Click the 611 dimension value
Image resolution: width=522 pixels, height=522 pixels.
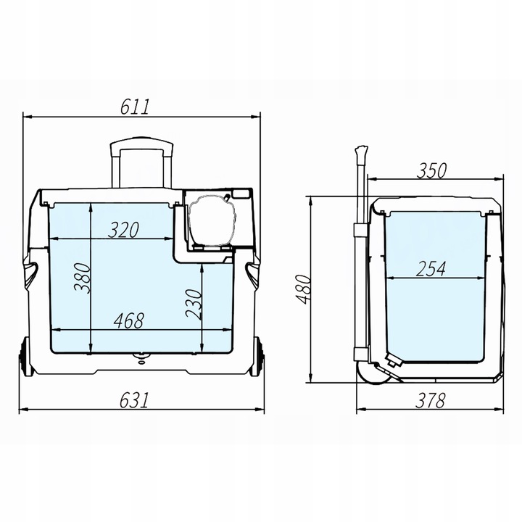(x=135, y=107)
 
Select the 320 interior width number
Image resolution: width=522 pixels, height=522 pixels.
(x=123, y=230)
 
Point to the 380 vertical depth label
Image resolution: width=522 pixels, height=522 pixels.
(x=82, y=278)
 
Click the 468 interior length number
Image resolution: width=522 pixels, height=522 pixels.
(x=129, y=320)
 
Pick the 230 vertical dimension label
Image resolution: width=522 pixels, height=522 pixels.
(x=194, y=304)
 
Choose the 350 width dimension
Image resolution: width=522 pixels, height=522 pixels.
(x=431, y=171)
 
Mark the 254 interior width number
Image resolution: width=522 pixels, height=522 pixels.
(x=431, y=269)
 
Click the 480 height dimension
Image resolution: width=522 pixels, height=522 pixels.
(x=304, y=289)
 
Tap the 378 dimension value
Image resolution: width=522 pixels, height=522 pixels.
(x=430, y=400)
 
